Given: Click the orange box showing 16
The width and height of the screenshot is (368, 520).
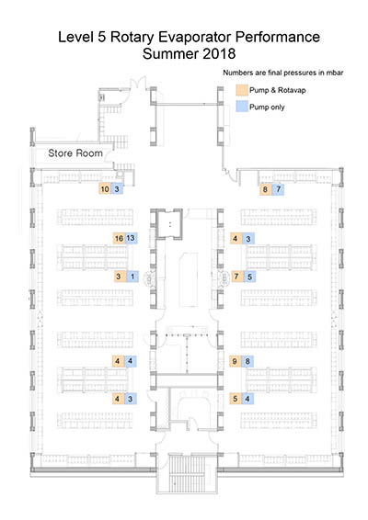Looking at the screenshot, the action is [120, 238].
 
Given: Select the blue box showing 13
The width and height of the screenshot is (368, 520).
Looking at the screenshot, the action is [132, 238].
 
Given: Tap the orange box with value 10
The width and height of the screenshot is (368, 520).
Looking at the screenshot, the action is [105, 188].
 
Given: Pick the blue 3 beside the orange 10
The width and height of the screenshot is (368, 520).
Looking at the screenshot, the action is [117, 188].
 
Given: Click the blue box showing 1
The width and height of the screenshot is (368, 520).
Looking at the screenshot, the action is [132, 276].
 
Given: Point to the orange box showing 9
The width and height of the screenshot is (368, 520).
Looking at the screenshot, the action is [236, 361].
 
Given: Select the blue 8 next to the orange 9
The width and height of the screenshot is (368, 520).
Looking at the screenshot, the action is [247, 361].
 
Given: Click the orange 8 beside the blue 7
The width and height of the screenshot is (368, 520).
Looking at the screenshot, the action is [266, 189].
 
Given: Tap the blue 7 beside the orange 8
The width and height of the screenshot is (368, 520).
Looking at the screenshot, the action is [278, 189].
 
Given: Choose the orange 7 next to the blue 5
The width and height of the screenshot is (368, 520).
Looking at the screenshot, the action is [237, 276].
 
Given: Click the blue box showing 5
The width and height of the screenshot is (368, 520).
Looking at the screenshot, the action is [249, 276].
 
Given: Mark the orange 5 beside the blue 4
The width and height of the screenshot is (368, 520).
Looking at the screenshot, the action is [236, 399].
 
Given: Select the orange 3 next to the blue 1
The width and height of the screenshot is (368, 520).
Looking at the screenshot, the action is [120, 276].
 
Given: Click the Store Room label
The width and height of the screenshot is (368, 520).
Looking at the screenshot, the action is [75, 153].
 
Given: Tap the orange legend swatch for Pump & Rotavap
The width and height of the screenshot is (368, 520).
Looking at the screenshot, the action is [242, 90].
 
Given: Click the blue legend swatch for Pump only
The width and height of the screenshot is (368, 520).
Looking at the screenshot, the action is [242, 107].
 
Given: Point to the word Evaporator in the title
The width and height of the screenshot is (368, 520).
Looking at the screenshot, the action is [195, 37].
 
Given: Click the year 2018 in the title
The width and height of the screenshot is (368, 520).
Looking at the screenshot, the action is [219, 53].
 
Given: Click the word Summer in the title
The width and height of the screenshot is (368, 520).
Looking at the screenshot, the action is [171, 53].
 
